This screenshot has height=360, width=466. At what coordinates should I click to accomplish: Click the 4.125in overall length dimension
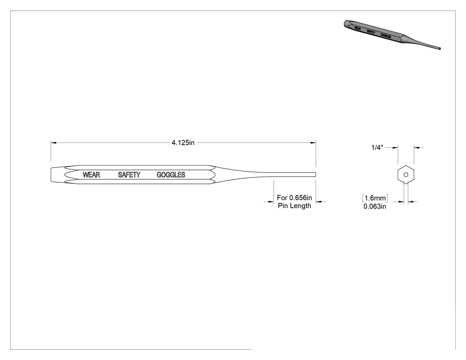pyautogui.click(x=183, y=142)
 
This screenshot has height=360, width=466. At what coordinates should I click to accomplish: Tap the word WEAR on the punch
pyautogui.click(x=91, y=175)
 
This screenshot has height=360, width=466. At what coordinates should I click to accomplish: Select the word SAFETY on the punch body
pyautogui.click(x=129, y=175)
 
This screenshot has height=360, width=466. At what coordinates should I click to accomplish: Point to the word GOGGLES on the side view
pyautogui.click(x=171, y=175)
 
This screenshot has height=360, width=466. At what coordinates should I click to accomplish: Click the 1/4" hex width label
pyautogui.click(x=377, y=147)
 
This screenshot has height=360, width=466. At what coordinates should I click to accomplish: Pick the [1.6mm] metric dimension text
pyautogui.click(x=375, y=198)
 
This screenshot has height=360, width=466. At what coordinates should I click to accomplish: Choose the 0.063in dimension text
pyautogui.click(x=375, y=206)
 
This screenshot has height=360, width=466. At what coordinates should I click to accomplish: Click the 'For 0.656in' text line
pyautogui.click(x=295, y=198)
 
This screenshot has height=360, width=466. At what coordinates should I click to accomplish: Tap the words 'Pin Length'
pyautogui.click(x=295, y=206)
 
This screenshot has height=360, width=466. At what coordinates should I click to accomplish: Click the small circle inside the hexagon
pyautogui.click(x=406, y=174)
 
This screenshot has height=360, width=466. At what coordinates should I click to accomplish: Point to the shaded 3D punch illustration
pyautogui.click(x=392, y=35)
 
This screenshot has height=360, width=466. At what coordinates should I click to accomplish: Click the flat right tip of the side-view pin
pyautogui.click(x=316, y=174)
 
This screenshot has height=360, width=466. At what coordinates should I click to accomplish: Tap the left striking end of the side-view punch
pyautogui.click(x=51, y=174)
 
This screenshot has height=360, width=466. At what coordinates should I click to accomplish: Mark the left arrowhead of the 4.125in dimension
pyautogui.click(x=54, y=142)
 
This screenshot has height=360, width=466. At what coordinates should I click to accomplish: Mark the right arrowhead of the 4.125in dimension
pyautogui.click(x=313, y=142)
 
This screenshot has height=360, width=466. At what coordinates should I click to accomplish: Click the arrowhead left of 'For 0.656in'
pyautogui.click(x=271, y=202)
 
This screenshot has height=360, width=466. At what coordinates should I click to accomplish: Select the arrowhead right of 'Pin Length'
pyautogui.click(x=319, y=202)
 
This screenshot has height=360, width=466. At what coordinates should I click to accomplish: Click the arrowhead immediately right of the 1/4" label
pyautogui.click(x=395, y=147)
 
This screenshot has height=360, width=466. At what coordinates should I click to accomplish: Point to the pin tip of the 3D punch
pyautogui.click(x=439, y=48)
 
